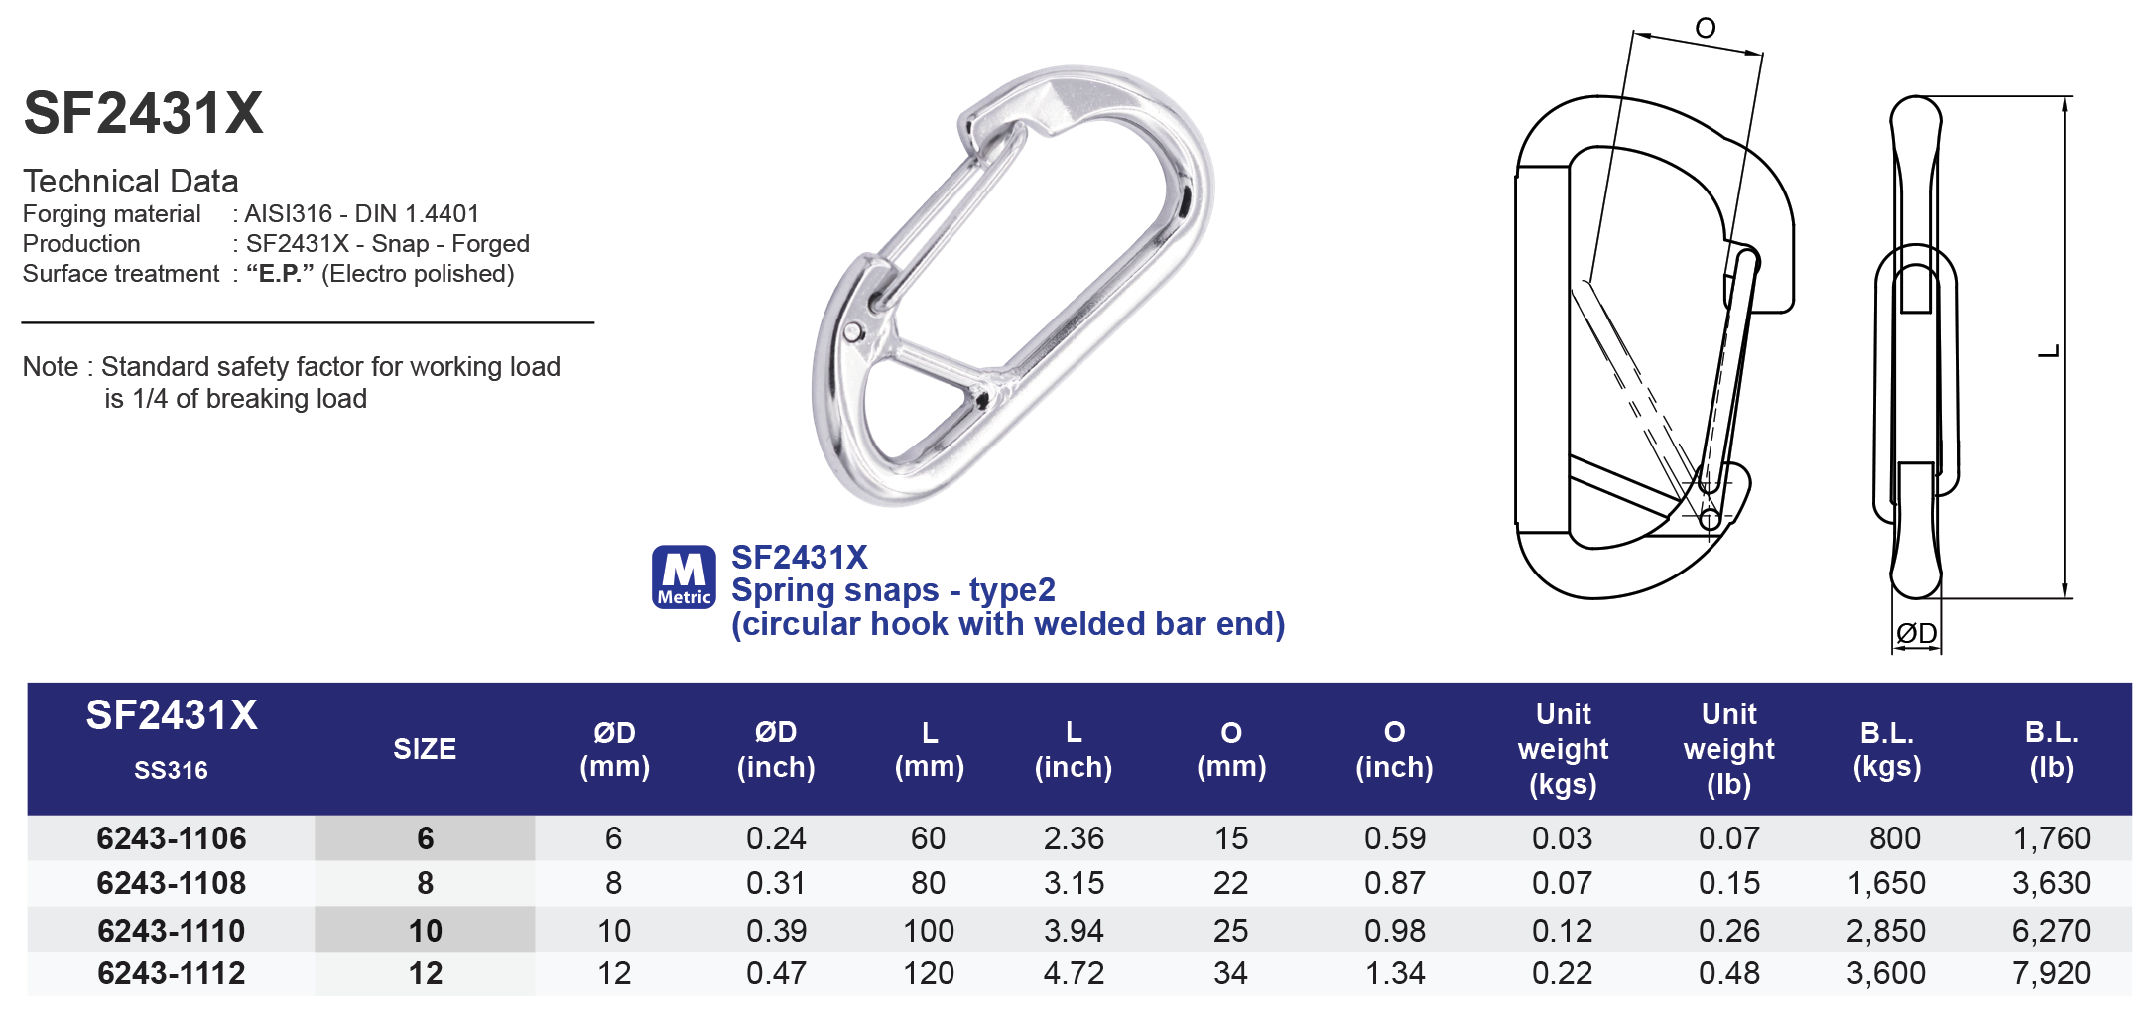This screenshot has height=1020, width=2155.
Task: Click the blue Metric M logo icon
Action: [683, 576]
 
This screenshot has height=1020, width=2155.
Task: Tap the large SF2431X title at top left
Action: [143, 113]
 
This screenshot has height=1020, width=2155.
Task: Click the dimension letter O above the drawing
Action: [1705, 28]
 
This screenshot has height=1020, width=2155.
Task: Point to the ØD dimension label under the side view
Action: [1916, 633]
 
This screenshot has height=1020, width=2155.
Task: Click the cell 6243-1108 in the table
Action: [171, 883]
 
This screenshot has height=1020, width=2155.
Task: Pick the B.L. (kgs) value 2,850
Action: [1885, 931]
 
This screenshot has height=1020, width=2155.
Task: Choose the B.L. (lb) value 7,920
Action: [2051, 973]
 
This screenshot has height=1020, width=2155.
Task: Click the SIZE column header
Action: [425, 749]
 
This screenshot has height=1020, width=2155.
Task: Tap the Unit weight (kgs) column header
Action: [1563, 749]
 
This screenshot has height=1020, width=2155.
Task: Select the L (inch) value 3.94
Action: [1074, 931]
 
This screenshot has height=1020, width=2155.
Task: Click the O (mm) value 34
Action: [1230, 973]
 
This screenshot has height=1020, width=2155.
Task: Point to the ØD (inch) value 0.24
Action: [776, 838]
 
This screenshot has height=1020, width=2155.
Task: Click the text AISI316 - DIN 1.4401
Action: [362, 214]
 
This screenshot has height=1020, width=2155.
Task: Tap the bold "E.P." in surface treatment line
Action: [280, 274]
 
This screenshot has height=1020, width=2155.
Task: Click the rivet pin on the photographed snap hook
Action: [853, 331]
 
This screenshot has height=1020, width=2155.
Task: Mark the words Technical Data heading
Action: [131, 182]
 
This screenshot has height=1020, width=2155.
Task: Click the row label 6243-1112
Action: [171, 973]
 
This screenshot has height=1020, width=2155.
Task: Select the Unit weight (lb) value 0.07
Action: [1728, 838]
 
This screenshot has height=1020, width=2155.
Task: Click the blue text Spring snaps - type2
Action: [893, 590]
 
